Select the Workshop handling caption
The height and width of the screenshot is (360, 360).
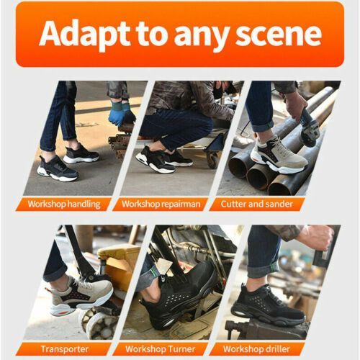click(64, 204)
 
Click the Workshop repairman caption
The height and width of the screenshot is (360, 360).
click(161, 204)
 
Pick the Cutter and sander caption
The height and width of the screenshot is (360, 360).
click(257, 204)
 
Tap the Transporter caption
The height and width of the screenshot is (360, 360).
click(65, 349)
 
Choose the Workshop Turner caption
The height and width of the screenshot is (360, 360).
click(161, 349)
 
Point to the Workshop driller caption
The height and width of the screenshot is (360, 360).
click(256, 349)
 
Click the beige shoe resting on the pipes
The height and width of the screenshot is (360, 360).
click(279, 156)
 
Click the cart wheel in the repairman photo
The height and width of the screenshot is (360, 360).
click(213, 159)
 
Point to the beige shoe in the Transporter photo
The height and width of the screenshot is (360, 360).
click(79, 296)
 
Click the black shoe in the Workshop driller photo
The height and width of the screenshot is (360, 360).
click(269, 304)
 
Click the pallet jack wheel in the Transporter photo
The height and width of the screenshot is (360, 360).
click(99, 323)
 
